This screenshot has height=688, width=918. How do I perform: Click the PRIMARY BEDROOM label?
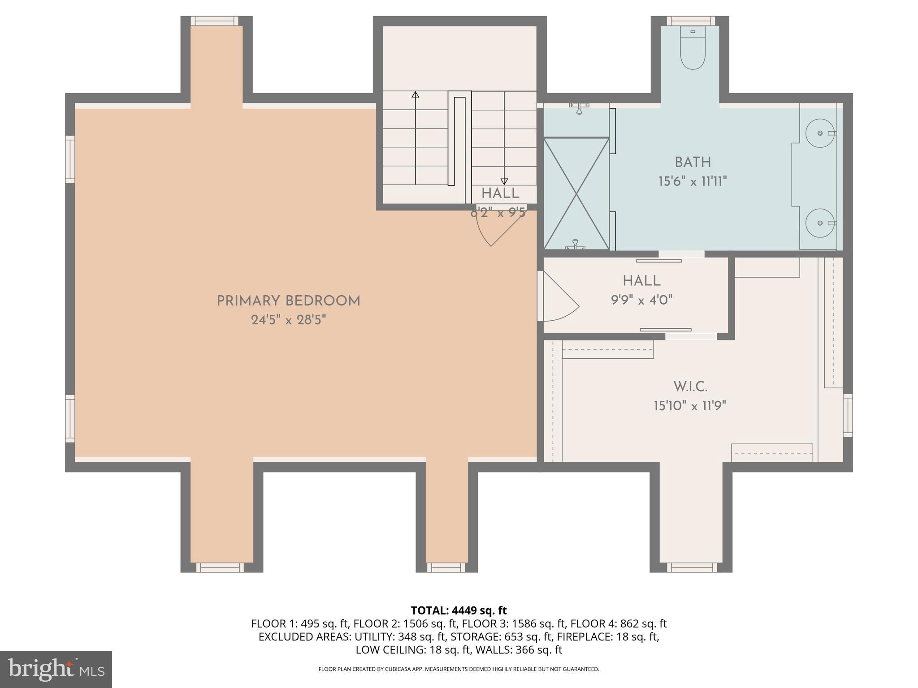coord(288,301)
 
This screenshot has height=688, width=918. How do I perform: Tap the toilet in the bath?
coord(693,49)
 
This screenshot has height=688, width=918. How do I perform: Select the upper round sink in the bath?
coord(820,133)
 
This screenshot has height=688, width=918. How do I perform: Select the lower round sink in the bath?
coord(820,223)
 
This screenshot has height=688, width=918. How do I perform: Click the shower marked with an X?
coord(576,193)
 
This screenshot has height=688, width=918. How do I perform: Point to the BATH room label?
coord(693,162)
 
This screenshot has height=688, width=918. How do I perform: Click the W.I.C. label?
coord(690,387)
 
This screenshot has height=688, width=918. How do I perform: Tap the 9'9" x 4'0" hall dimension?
coord(641,300)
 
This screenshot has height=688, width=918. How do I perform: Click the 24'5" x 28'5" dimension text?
coord(288,320)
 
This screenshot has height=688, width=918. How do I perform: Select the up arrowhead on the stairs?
coord(416,95)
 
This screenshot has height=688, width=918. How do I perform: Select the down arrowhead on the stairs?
coord(504,181)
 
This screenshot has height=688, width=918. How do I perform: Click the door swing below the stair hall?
coord(493,228)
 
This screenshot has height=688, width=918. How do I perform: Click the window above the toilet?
coord(690,21)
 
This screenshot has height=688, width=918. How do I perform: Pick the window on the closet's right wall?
coord(848,415)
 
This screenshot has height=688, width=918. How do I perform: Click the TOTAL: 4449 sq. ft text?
coord(459,611)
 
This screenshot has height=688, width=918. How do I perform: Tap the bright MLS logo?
coord(56,670)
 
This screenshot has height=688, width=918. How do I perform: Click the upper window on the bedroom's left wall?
coord(70,159)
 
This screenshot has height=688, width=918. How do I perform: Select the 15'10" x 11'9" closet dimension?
coord(690,406)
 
